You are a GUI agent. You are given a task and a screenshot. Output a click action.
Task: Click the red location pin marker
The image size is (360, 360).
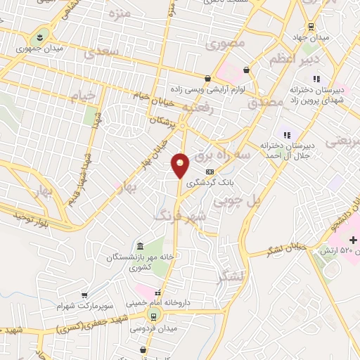[x=181, y=165]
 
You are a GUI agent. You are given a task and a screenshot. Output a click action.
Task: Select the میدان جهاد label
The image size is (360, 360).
[x=308, y=36]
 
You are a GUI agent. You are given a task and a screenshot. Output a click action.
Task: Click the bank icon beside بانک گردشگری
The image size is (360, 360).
[x=209, y=171]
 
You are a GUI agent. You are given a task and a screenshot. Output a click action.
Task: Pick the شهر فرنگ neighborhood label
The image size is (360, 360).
[x=181, y=217]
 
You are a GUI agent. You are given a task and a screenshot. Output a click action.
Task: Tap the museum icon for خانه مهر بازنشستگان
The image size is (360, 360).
[x=140, y=246]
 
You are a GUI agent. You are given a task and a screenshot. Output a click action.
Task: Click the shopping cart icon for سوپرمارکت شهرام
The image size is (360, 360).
[x=84, y=295]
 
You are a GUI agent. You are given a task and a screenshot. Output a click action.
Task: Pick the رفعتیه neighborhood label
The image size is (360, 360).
[x=197, y=107]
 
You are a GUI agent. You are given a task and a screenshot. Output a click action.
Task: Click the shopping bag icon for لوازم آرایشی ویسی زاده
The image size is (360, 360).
[x=207, y=79]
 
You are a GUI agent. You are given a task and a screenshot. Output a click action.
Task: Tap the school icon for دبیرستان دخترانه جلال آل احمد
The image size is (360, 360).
[x=285, y=134]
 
